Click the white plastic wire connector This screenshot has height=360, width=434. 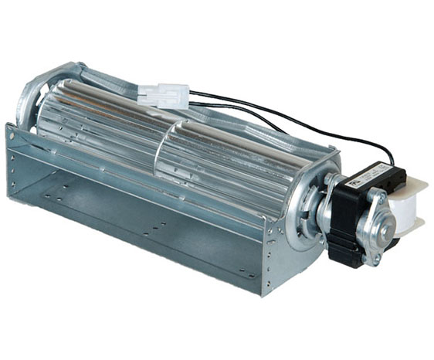(164, 95)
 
